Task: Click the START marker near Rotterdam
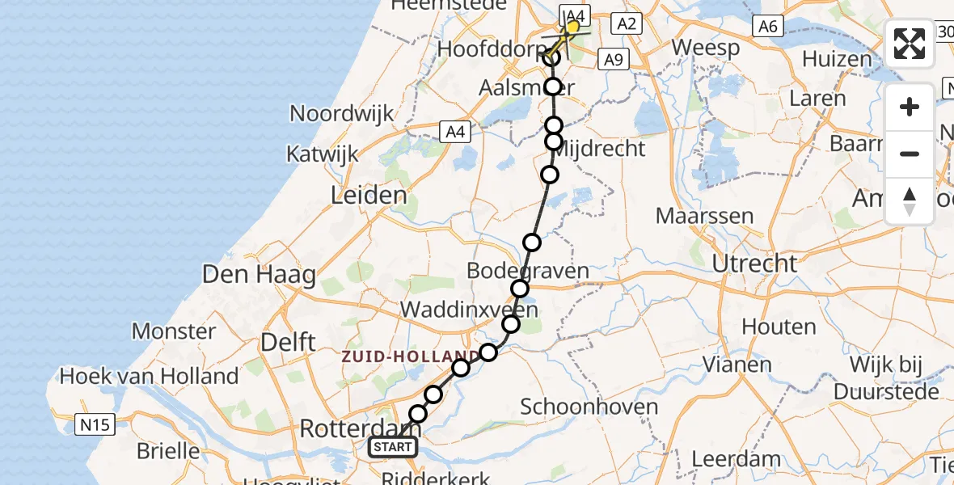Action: [x=394, y=446]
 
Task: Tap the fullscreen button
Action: [x=910, y=44]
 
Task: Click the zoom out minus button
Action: [x=910, y=154]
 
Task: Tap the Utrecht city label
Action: [x=754, y=263]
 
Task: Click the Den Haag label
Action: [x=259, y=275]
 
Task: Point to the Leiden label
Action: [x=369, y=195]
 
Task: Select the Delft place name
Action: [x=288, y=341]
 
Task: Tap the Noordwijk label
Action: [x=342, y=112]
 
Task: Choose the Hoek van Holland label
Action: [x=150, y=376]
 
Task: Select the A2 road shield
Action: [x=627, y=24]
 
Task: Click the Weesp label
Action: [x=705, y=48]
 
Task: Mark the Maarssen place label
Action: [x=704, y=217]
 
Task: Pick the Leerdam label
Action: [x=737, y=459]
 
